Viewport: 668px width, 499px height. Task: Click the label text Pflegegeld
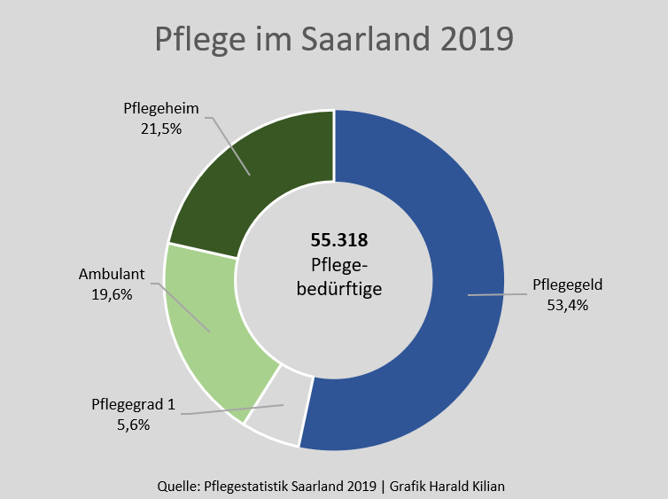point(568,286)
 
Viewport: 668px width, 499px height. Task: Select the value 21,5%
point(160,129)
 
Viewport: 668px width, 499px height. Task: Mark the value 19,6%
point(110,294)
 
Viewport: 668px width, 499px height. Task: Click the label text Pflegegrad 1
point(133,405)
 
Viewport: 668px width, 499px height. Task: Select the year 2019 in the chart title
point(474,40)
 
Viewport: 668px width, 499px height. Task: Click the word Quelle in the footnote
point(176,484)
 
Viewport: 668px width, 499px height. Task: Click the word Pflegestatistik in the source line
point(245,484)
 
